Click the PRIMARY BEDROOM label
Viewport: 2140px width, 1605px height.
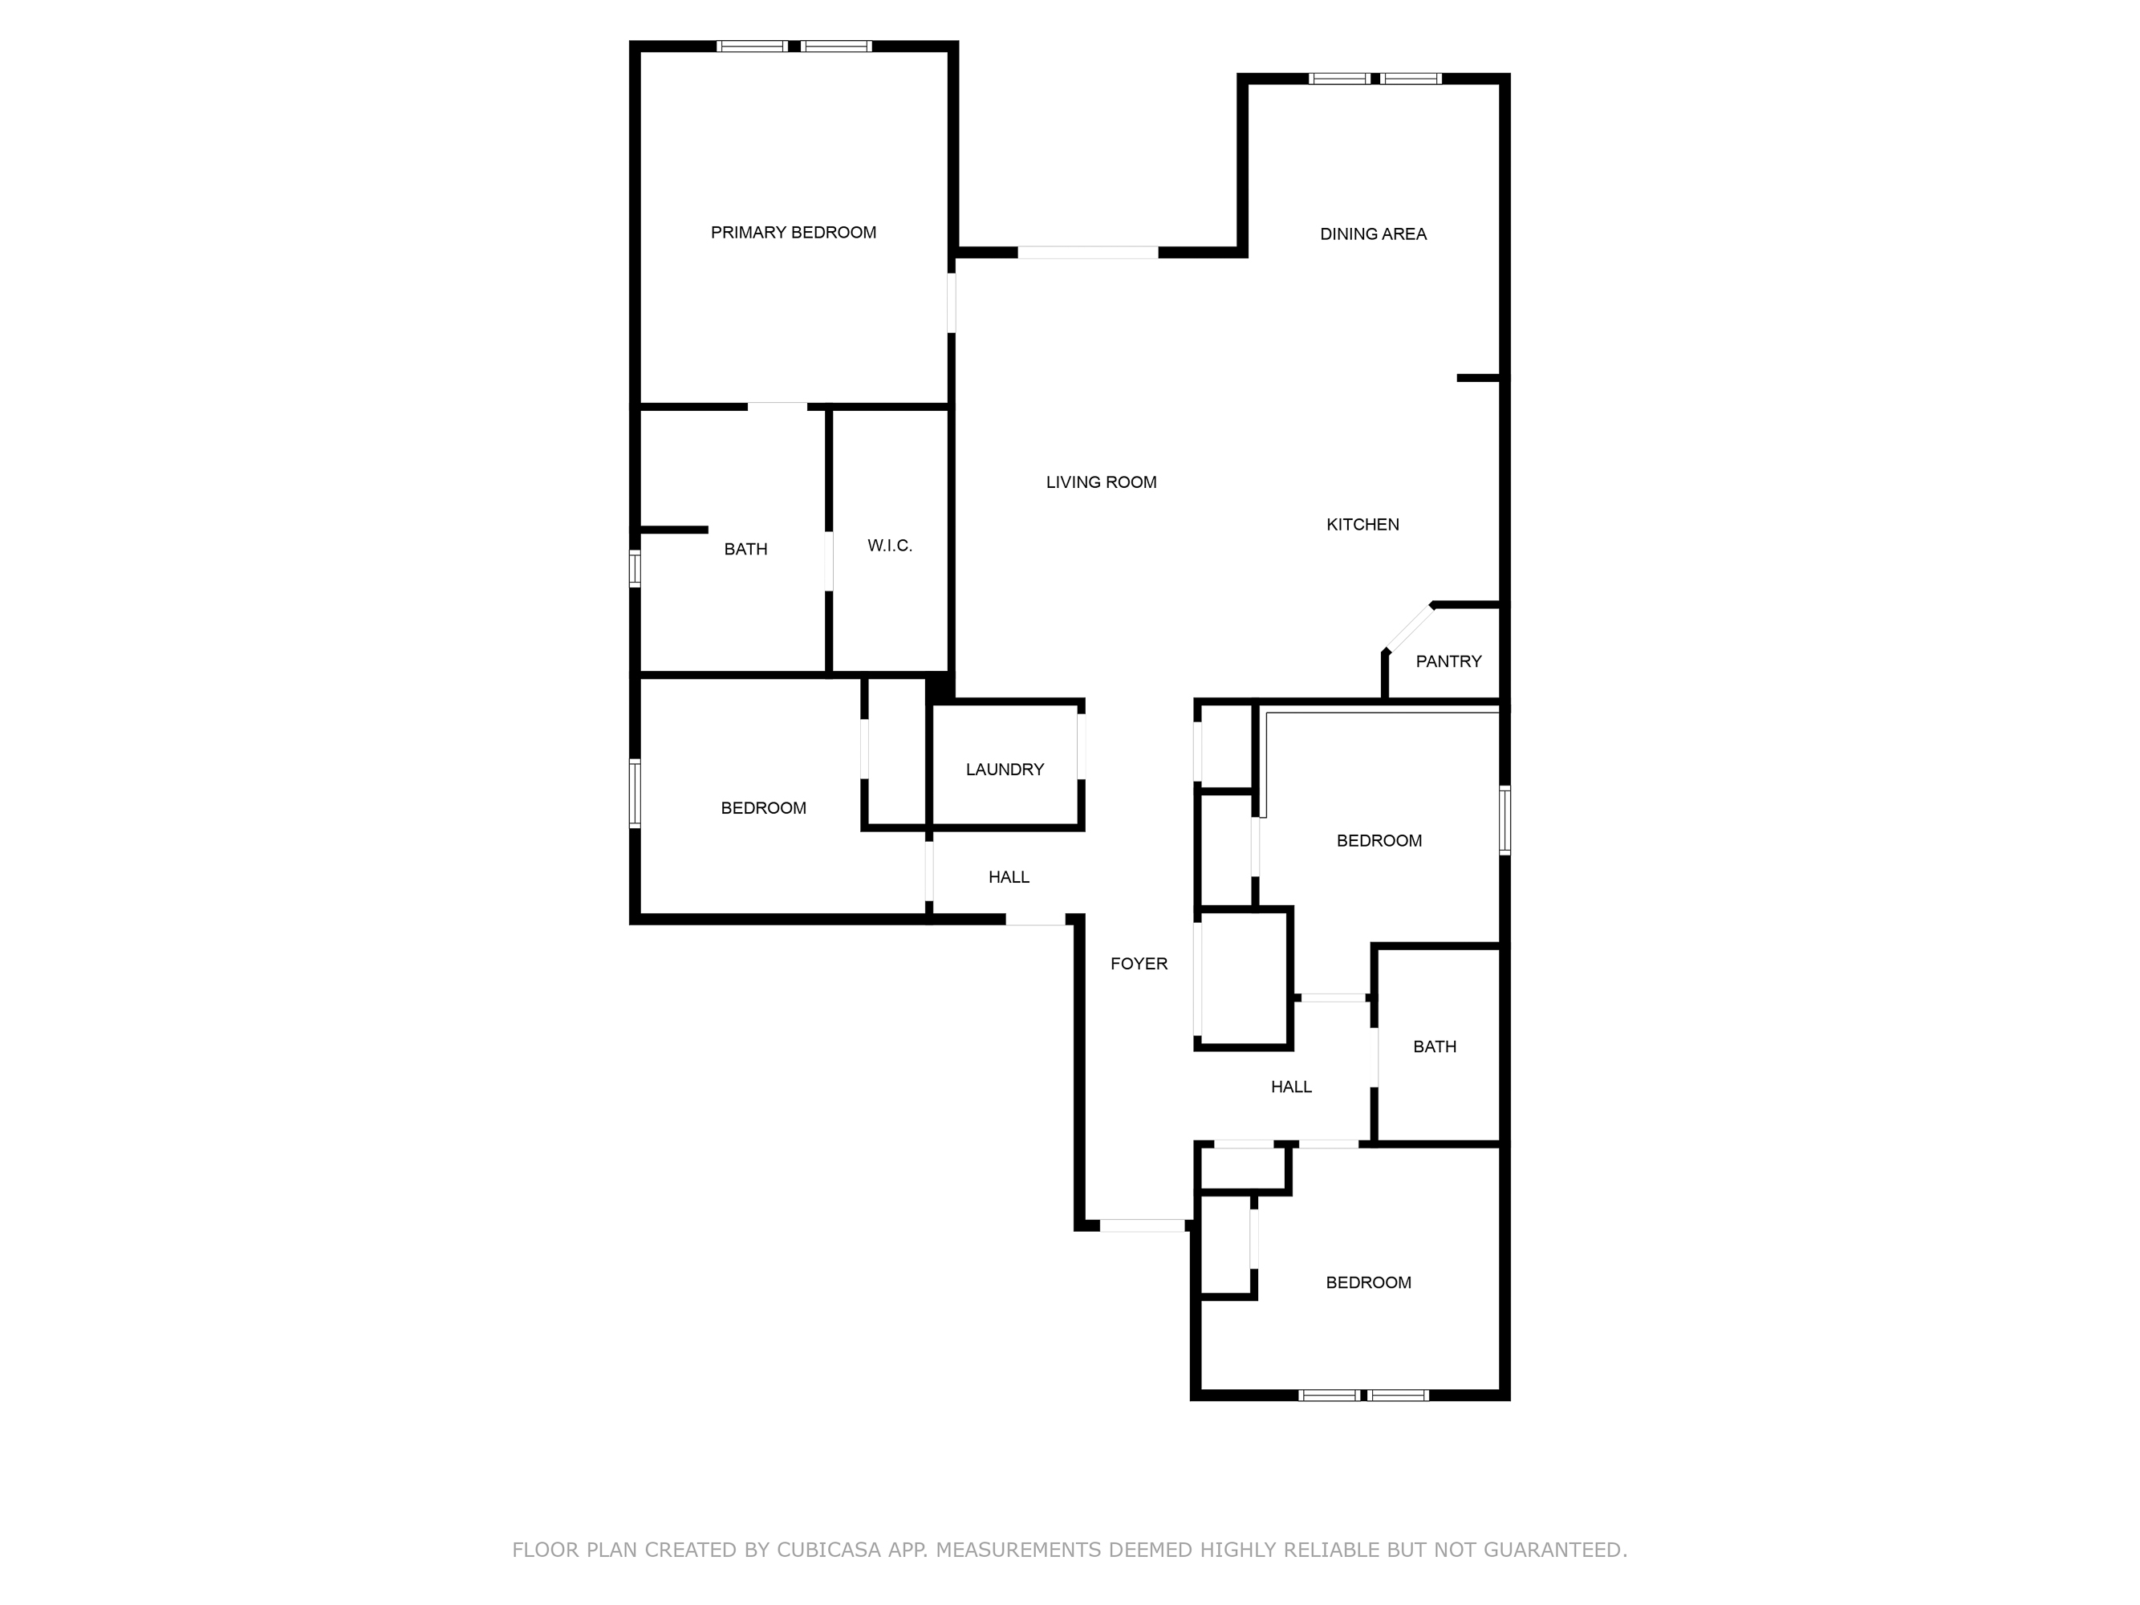coord(794,232)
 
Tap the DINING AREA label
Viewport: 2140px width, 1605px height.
coord(1373,234)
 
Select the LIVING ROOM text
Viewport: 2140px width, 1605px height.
coord(1101,481)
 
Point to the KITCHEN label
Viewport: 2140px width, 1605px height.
coord(1362,524)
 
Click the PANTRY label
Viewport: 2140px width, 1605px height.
coord(1448,662)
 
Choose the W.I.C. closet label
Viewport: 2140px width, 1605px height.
coord(889,546)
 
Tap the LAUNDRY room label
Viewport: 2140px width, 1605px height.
coord(1005,769)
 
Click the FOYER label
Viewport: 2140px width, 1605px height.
coord(1139,964)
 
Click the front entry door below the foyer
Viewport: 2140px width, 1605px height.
coord(1142,1225)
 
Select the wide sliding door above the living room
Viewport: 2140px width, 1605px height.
coord(1087,253)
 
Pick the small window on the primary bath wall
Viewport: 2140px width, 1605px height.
coord(635,569)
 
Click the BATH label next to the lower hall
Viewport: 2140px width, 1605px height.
coord(1434,1046)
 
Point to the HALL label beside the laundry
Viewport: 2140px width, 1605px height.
coord(1008,877)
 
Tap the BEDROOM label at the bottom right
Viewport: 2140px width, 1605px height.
coord(1368,1283)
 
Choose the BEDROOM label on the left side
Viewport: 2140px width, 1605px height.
coord(763,808)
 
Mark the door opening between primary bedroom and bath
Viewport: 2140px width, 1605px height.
coord(777,406)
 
